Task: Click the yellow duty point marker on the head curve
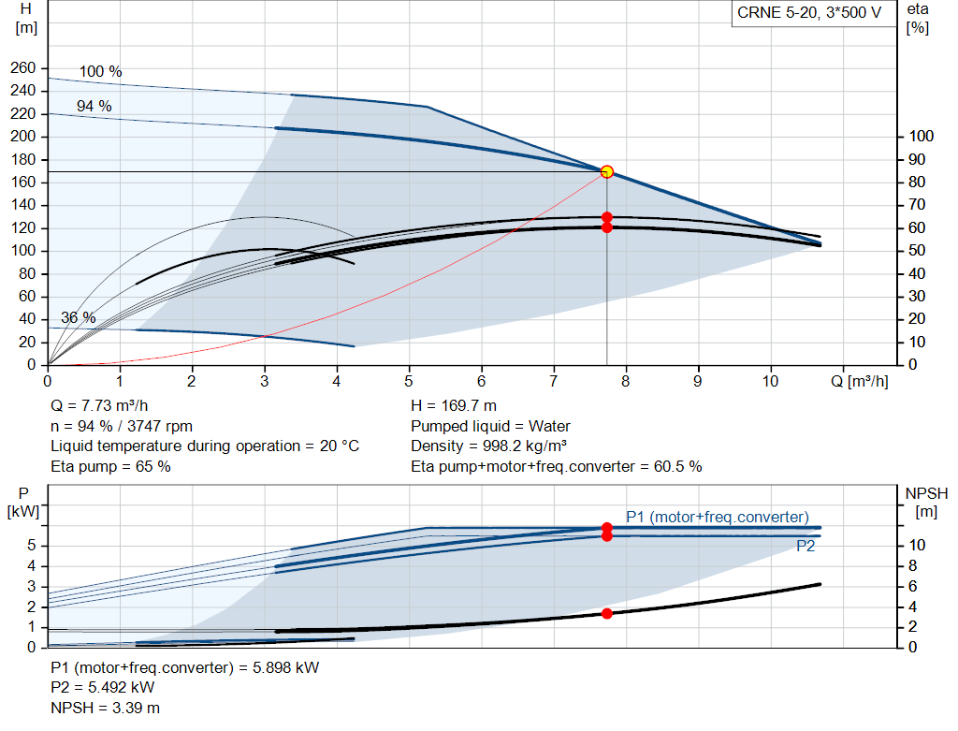coord(607,171)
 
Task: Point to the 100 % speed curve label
coord(100,72)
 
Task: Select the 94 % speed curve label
coord(94,107)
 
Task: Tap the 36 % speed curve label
coord(79,318)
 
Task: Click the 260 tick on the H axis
coord(23,68)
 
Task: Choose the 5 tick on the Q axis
coord(409,382)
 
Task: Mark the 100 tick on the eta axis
coord(921,137)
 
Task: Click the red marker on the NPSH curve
coord(607,613)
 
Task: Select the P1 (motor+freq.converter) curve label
coord(718,516)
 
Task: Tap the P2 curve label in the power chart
coord(805,547)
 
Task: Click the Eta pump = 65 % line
coord(110,466)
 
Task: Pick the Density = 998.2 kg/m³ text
coord(489,446)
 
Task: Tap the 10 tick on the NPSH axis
coord(917,546)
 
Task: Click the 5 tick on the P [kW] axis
coord(33,546)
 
